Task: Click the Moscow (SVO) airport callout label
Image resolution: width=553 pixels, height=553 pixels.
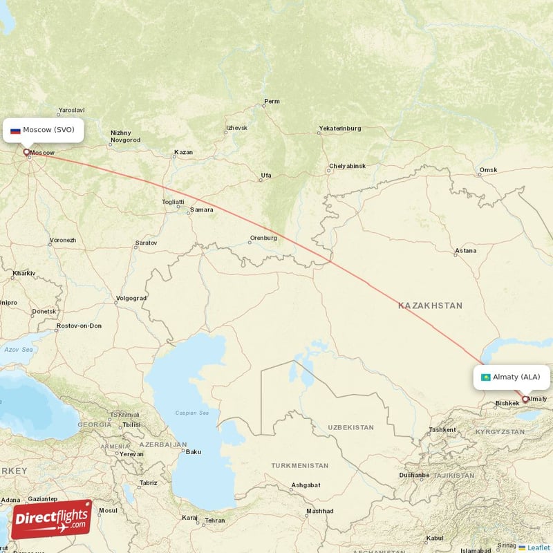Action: (x=45, y=130)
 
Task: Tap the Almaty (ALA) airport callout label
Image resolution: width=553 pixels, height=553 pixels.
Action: (x=512, y=377)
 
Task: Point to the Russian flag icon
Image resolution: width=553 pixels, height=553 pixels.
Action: (x=15, y=130)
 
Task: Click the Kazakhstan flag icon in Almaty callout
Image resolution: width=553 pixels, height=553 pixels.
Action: (x=486, y=377)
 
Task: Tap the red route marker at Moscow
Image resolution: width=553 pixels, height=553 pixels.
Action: (x=27, y=152)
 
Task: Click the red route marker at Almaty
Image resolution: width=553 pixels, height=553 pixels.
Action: (x=525, y=399)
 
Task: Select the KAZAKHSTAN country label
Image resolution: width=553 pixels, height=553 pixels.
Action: (x=430, y=305)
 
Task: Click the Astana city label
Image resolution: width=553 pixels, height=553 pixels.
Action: (x=465, y=251)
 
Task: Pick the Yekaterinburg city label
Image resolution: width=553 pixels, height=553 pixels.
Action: (x=339, y=129)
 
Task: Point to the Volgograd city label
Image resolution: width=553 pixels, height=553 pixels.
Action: (x=131, y=299)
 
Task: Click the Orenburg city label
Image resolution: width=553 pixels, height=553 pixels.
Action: (x=263, y=238)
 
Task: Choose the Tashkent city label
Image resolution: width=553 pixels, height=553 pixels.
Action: (x=442, y=429)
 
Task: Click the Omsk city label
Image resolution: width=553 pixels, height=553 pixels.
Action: (x=489, y=170)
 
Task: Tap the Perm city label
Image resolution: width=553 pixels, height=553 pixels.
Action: (x=272, y=102)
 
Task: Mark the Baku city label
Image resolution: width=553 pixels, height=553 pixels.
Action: (x=193, y=452)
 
